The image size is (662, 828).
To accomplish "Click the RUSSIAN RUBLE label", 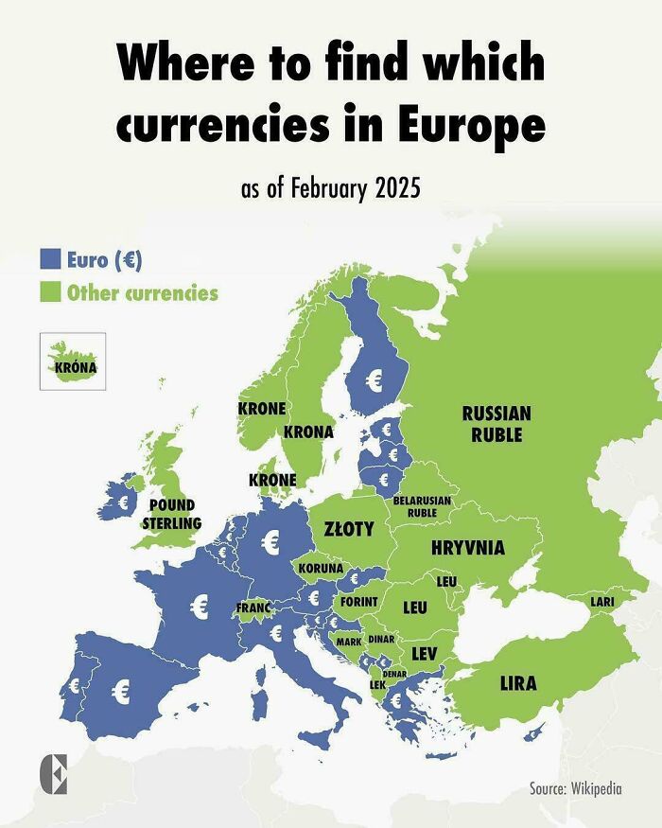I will [496, 424].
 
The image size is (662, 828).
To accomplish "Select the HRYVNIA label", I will [467, 548].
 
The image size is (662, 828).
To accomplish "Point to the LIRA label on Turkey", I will [517, 682].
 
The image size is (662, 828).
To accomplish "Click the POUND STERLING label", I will [171, 514].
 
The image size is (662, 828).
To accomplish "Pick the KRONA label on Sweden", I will [308, 432].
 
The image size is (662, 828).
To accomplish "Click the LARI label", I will [602, 601].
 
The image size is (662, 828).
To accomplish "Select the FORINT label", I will [358, 602].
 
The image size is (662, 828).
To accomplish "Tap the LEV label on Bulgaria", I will [423, 653].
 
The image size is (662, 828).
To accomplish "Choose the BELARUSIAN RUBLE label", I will [421, 505].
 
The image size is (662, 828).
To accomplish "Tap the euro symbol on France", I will [200, 607].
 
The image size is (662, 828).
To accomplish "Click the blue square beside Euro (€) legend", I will [50, 258].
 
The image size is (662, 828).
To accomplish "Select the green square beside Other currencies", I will [50, 291].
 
